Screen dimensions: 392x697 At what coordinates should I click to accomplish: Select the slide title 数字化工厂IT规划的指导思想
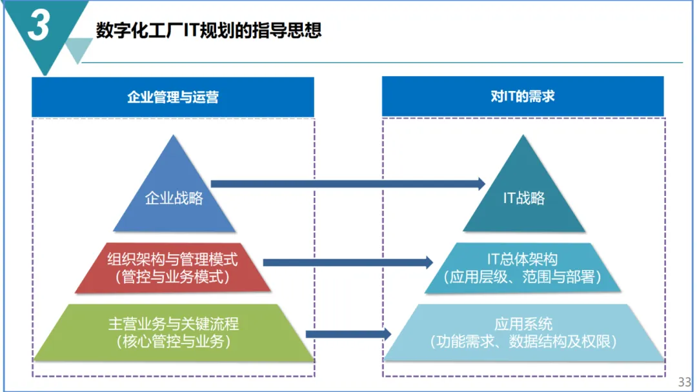click(x=208, y=30)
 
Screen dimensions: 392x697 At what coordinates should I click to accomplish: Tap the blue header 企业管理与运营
click(x=173, y=97)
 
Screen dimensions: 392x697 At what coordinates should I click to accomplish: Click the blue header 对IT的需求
click(x=523, y=97)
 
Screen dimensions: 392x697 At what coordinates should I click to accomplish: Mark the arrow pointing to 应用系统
click(x=348, y=334)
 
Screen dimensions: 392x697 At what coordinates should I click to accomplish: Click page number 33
click(x=684, y=381)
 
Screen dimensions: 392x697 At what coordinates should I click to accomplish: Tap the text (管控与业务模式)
click(x=172, y=277)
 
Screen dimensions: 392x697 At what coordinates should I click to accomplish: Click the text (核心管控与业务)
click(x=174, y=341)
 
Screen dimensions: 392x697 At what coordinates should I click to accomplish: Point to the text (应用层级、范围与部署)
click(x=523, y=277)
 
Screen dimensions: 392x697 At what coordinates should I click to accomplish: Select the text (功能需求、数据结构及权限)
click(x=523, y=341)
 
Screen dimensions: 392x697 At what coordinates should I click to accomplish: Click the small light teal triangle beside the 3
click(x=78, y=49)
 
